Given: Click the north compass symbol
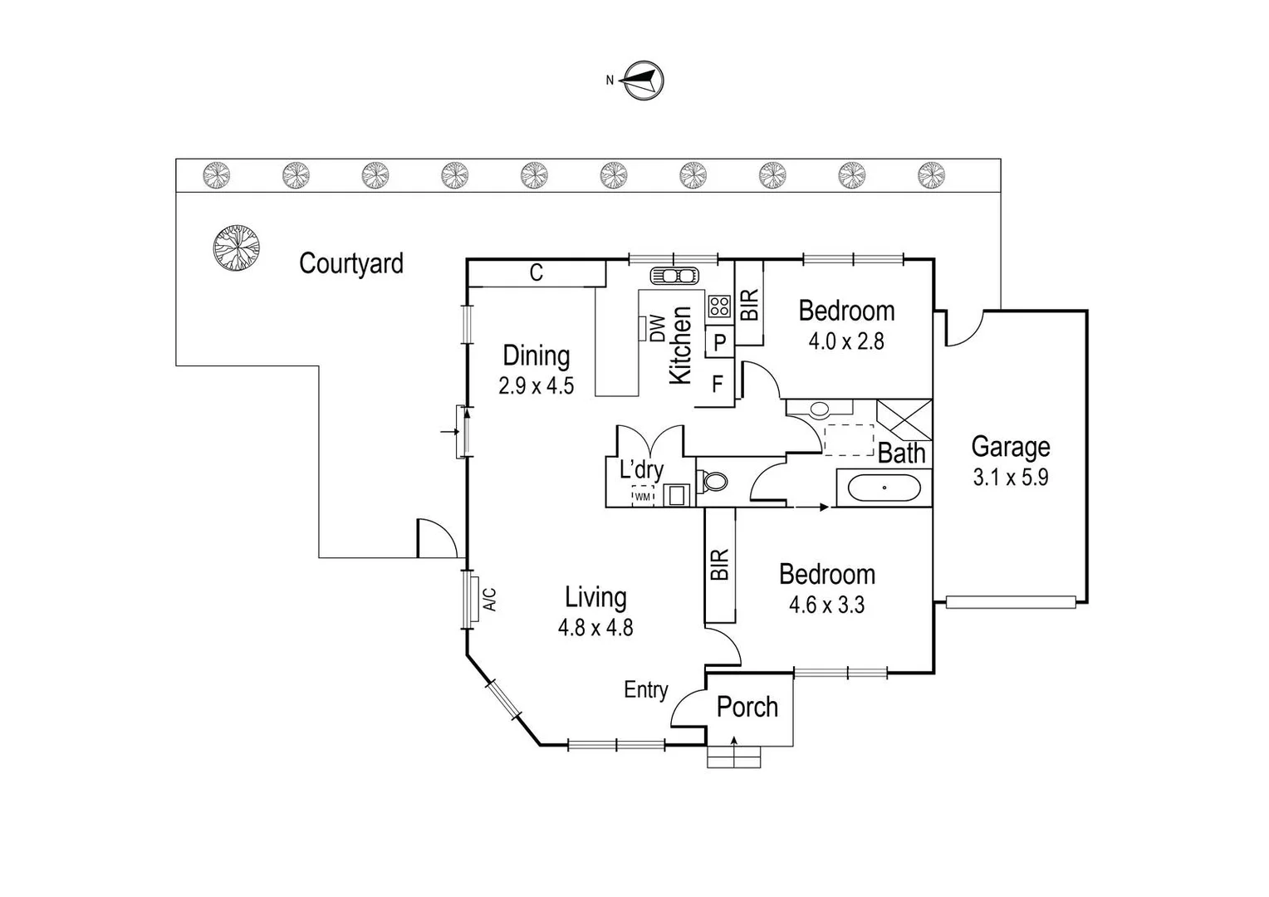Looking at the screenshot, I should (x=644, y=81).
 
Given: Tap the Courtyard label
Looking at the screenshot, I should (x=350, y=263).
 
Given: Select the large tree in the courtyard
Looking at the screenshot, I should (x=236, y=247).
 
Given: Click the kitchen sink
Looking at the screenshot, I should (x=674, y=275).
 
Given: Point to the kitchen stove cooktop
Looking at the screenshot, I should (x=719, y=306).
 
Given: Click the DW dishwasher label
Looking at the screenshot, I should (x=657, y=327).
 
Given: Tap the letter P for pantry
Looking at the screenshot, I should (x=719, y=341).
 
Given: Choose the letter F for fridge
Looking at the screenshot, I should (x=718, y=385).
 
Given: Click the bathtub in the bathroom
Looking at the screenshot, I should (x=884, y=488).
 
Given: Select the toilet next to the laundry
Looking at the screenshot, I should (x=713, y=481).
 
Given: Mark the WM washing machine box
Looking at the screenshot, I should (x=643, y=496).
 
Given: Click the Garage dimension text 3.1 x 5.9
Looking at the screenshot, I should (x=1010, y=478).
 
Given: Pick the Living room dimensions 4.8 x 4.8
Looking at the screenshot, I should (x=595, y=627).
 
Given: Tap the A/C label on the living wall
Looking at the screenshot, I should (x=490, y=599).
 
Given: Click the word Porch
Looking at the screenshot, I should (x=747, y=707).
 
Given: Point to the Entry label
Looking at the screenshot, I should (x=646, y=689).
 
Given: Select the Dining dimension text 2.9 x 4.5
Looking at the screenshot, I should (x=536, y=385).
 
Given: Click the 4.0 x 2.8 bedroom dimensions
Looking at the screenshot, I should (x=846, y=341).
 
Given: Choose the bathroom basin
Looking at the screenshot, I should (x=819, y=409).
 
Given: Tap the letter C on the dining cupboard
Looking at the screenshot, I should (x=537, y=272).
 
